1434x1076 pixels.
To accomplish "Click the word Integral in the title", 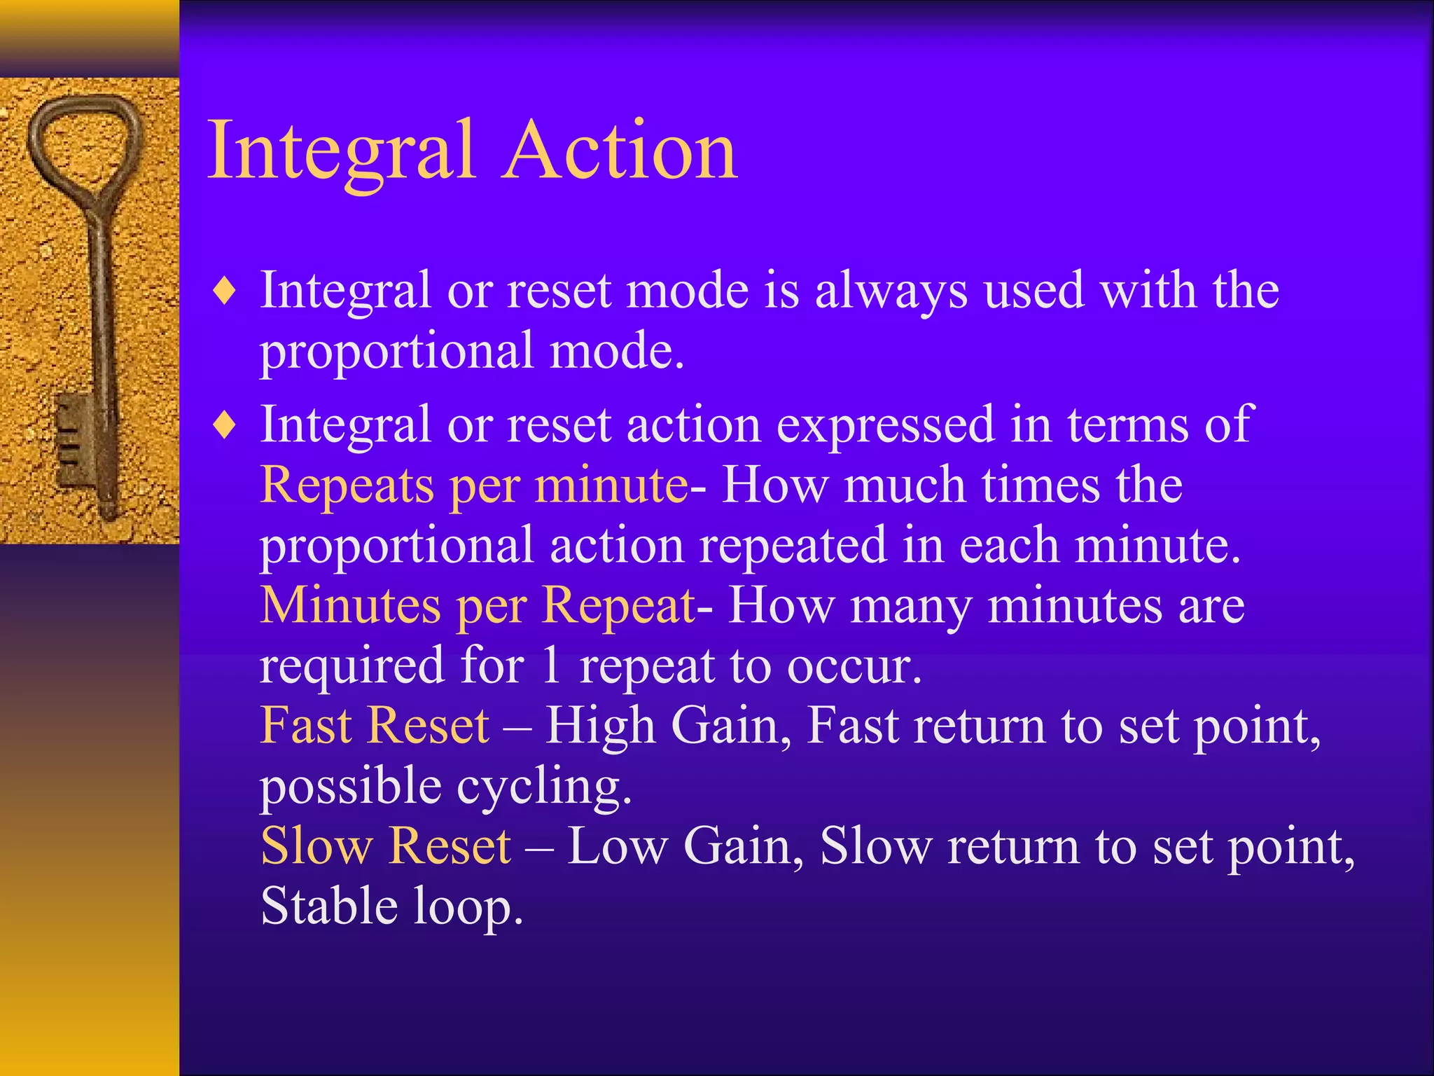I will (341, 151).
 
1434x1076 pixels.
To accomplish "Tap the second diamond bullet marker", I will (225, 425).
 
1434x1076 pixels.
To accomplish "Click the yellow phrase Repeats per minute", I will (474, 485).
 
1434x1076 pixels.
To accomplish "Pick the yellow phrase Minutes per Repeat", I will (478, 606).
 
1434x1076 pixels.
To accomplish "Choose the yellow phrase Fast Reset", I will (375, 726).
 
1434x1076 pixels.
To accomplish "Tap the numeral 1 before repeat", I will (552, 665).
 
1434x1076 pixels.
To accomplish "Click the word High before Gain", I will (600, 726).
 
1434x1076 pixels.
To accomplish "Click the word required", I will (352, 665).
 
